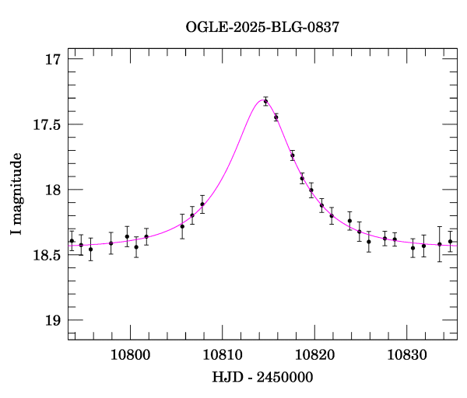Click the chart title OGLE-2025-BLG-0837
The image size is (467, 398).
point(262,27)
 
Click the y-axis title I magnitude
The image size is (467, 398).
point(16,194)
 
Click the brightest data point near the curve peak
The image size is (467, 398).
point(265,101)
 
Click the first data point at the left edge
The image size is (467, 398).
point(72,241)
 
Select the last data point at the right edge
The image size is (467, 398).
point(450,242)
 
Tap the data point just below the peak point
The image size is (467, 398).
point(276,117)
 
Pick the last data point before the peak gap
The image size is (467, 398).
point(202,204)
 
